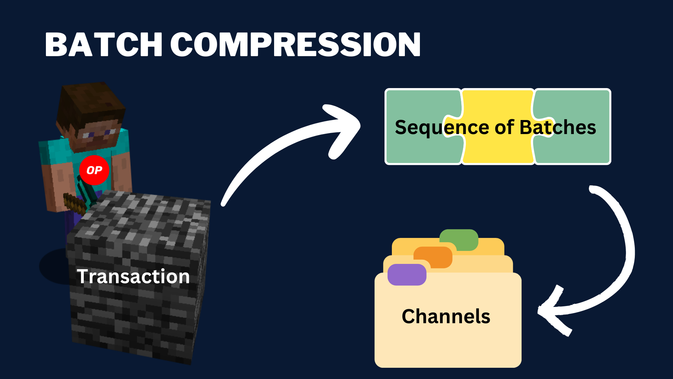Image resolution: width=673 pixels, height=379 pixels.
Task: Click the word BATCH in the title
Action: [103, 45]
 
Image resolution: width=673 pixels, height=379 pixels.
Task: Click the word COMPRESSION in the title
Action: [295, 45]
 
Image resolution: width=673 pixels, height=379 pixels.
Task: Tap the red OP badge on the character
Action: [94, 170]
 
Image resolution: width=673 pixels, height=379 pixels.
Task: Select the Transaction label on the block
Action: [133, 276]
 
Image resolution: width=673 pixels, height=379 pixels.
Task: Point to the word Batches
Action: [558, 127]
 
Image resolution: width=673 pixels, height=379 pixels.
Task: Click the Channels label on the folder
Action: [446, 316]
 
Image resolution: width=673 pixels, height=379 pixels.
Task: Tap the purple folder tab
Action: [407, 274]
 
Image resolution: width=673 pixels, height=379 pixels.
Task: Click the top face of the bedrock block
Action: [147, 214]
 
